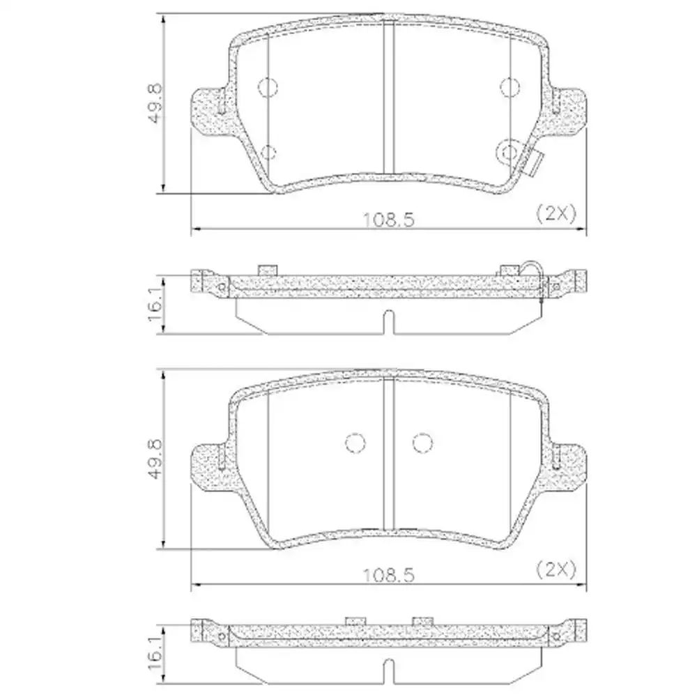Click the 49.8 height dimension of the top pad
[155, 103]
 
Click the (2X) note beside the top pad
[556, 214]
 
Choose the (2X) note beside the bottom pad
[556, 570]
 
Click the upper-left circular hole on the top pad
[268, 86]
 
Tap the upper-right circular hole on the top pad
[510, 86]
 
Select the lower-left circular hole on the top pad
[268, 152]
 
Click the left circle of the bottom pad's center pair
[355, 443]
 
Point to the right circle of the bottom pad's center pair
[422, 443]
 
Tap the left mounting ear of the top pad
[209, 112]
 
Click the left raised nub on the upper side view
[268, 270]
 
